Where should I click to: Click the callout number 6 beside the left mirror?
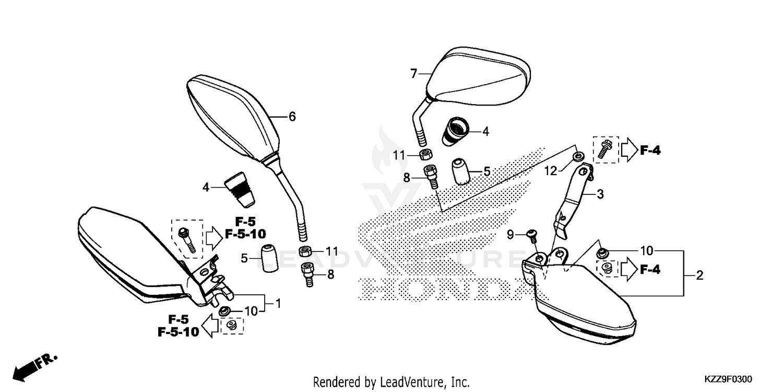click(292, 117)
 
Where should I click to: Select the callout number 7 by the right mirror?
click(413, 74)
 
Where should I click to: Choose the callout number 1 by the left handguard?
click(278, 303)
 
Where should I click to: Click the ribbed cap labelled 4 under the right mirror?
click(457, 131)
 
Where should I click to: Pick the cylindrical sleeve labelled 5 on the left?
click(269, 258)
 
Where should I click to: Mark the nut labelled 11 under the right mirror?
click(425, 155)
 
